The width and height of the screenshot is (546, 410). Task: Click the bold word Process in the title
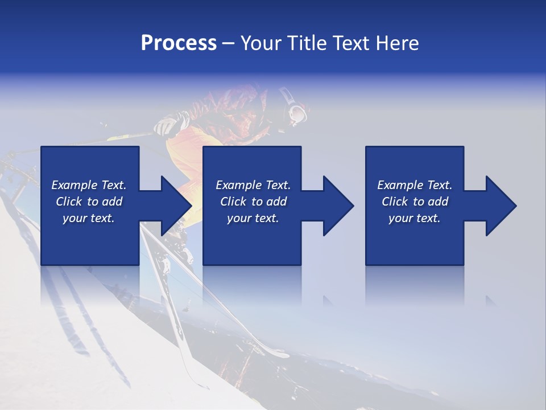click(x=179, y=43)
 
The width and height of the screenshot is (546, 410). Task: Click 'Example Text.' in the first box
click(x=89, y=185)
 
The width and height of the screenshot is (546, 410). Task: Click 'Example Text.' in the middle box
click(x=253, y=185)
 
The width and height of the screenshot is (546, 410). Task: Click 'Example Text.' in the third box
click(x=415, y=185)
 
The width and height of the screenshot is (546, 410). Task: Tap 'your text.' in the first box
click(x=89, y=218)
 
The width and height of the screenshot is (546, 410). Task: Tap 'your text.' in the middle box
click(x=253, y=218)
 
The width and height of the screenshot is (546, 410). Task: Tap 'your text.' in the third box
click(x=415, y=218)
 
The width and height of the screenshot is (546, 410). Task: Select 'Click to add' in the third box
click(x=415, y=202)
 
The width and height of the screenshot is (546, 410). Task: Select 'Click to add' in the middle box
click(x=253, y=202)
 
